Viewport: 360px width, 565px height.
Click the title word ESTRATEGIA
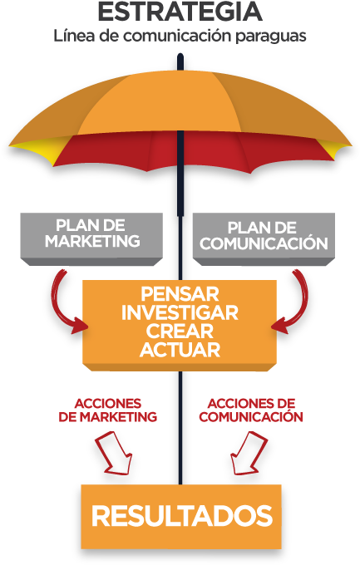click(x=180, y=12)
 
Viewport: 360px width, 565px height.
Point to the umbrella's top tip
click(x=180, y=56)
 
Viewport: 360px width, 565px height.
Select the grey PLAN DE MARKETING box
click(x=91, y=239)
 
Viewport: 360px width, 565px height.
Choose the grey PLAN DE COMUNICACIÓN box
click(x=264, y=239)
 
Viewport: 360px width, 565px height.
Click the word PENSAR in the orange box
click(x=180, y=294)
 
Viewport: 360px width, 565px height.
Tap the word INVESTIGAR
click(x=180, y=312)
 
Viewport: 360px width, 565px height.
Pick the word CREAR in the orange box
click(x=180, y=332)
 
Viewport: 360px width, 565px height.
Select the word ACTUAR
click(x=180, y=350)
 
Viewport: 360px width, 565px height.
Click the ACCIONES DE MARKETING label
click(x=107, y=410)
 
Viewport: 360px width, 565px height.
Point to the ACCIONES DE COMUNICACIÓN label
click(x=251, y=410)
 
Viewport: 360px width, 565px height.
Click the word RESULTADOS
click(x=182, y=516)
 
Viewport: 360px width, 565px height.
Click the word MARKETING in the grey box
click(x=92, y=242)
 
